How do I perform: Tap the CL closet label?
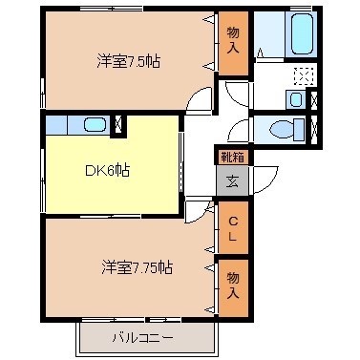coord(232,228)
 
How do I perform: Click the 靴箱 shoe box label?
coord(232,156)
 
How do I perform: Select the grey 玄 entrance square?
coord(232,180)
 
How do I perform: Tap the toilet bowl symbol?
coord(285,129)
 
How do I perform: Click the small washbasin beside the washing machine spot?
coord(295,98)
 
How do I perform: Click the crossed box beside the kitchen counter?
coord(117,123)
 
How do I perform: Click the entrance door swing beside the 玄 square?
coord(200,197)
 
